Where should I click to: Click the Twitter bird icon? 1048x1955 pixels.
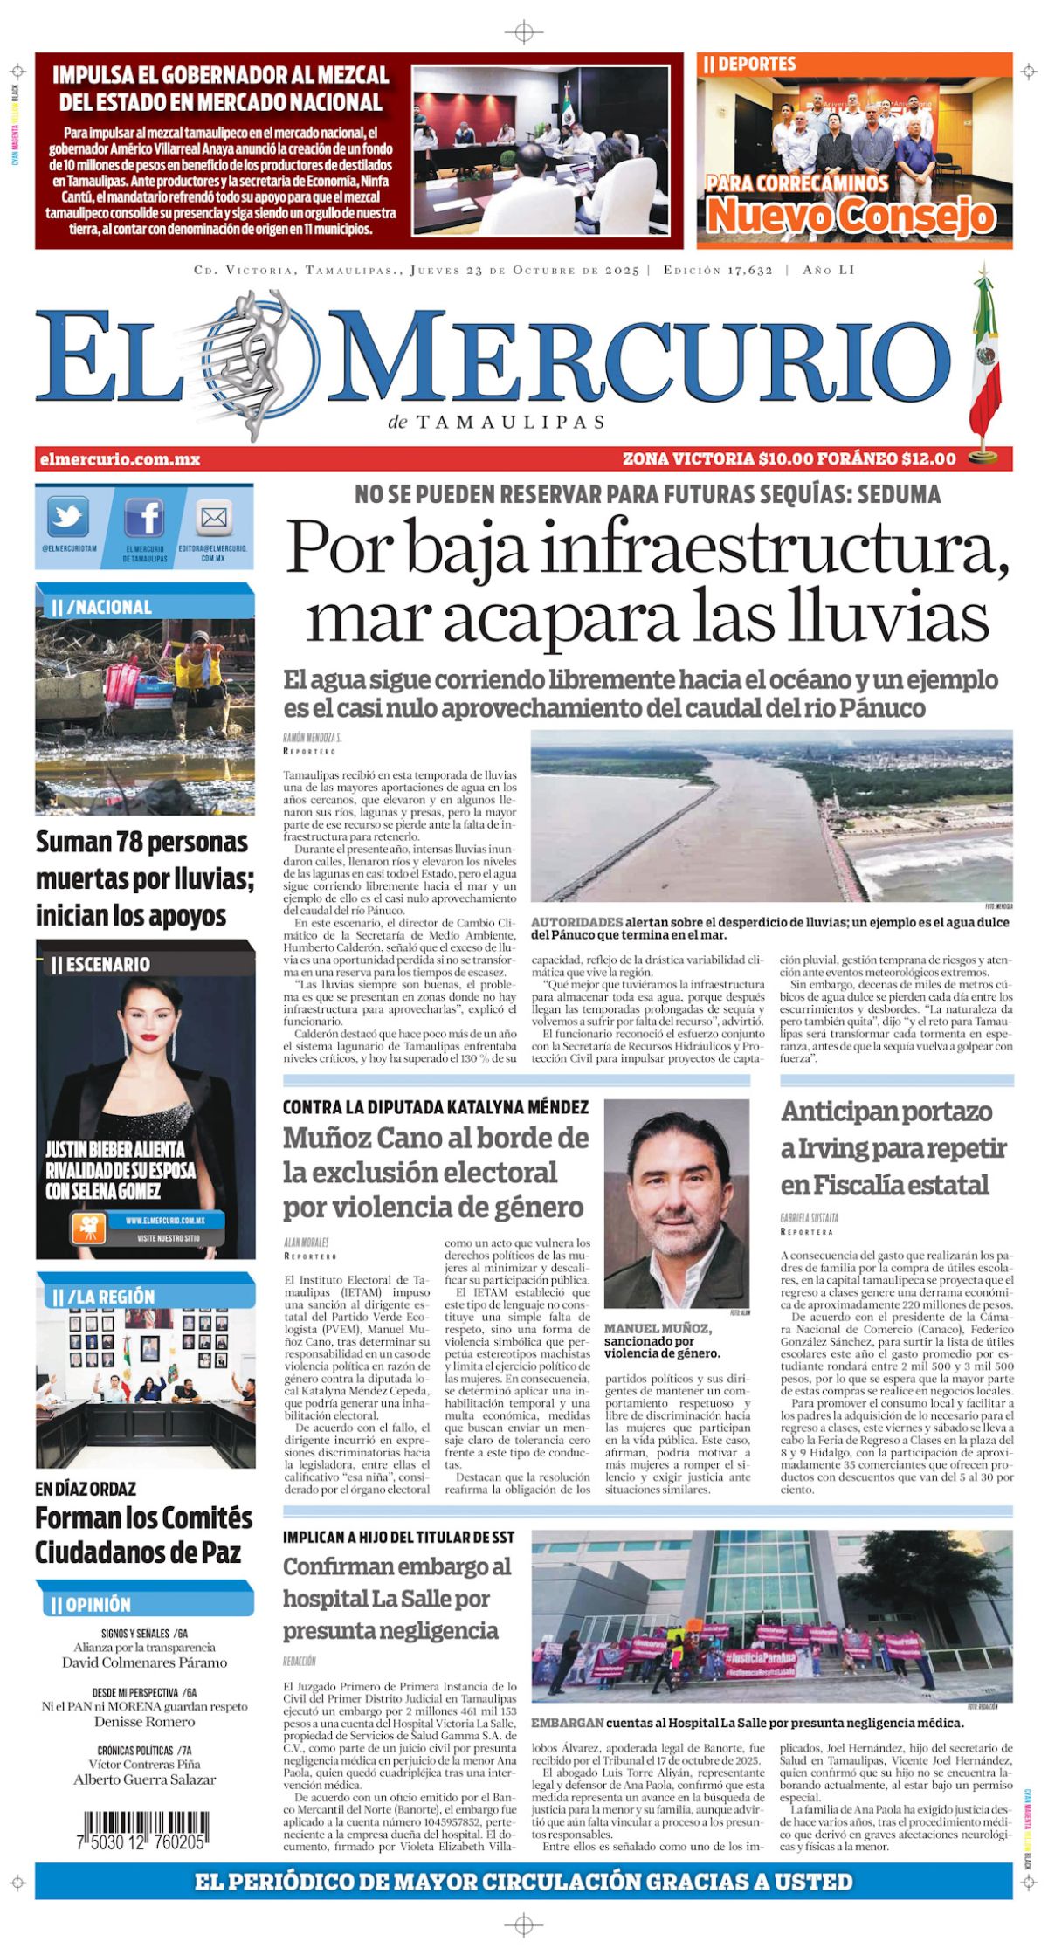coord(67,517)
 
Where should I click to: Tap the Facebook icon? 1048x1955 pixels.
coord(144,518)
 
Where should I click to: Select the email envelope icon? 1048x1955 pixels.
coord(213,518)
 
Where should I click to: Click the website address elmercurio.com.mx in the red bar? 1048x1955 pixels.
coord(120,458)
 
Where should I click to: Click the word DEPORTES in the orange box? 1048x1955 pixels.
coord(756,64)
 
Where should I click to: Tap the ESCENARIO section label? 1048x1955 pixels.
coord(107,964)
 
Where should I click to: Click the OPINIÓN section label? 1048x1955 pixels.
coord(98,1604)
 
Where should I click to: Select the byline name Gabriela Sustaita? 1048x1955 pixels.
coord(809,1217)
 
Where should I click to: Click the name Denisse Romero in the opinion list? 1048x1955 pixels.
coord(144,1721)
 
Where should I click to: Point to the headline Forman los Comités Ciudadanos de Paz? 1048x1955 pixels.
coord(144,1535)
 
